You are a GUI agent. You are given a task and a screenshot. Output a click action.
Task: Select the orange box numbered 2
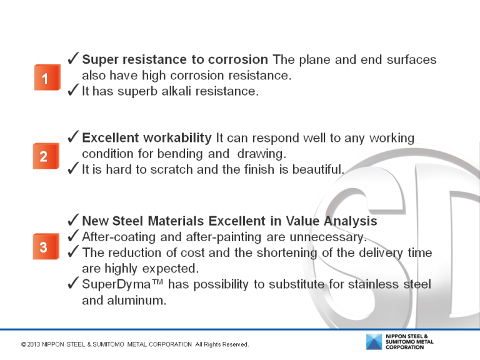click(x=44, y=156)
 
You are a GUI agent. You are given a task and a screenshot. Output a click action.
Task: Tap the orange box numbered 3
click(x=44, y=247)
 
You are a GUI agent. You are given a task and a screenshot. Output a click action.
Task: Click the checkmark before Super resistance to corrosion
click(x=72, y=59)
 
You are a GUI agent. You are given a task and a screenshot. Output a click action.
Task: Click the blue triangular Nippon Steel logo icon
click(x=374, y=342)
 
